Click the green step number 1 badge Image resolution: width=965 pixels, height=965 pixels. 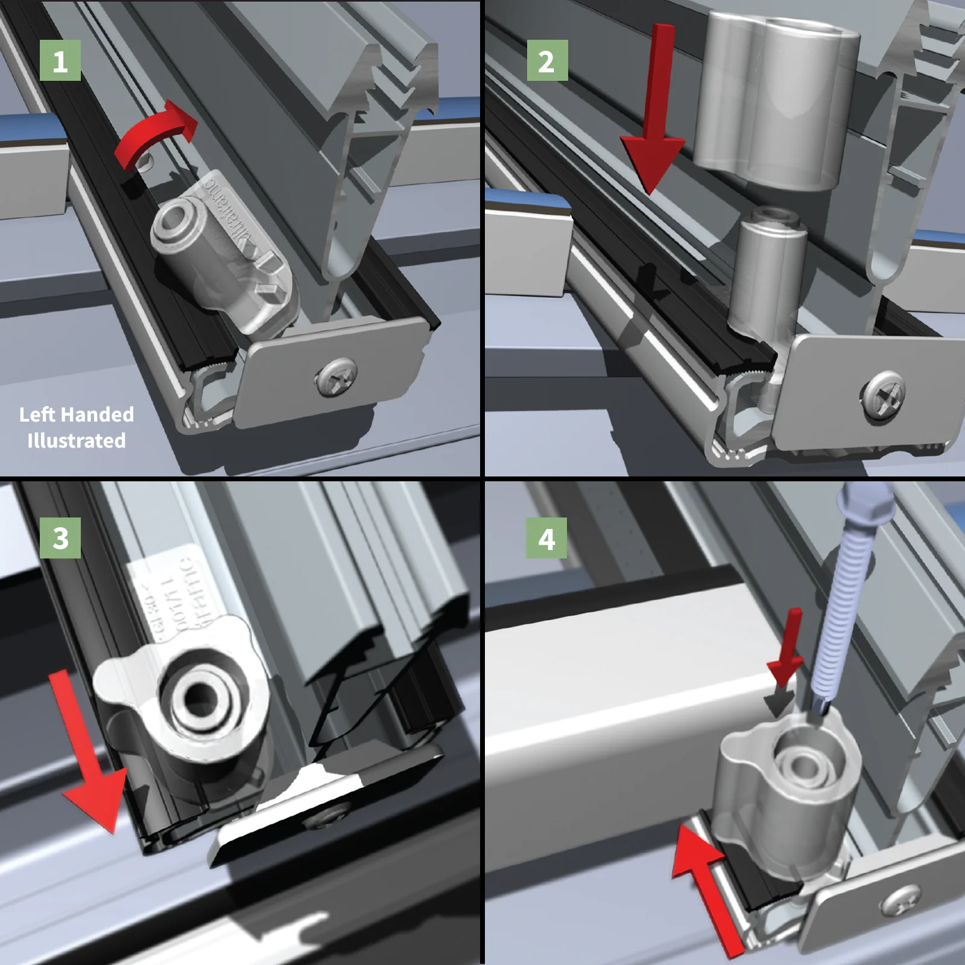60,61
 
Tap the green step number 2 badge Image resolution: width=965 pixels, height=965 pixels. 547,61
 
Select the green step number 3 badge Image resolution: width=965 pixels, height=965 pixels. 60,538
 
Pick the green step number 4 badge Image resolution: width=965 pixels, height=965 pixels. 546,538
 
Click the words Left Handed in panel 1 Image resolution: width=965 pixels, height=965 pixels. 77,414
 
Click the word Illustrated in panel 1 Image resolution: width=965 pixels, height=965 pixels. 77,441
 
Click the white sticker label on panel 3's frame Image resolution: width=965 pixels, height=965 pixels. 166,594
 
